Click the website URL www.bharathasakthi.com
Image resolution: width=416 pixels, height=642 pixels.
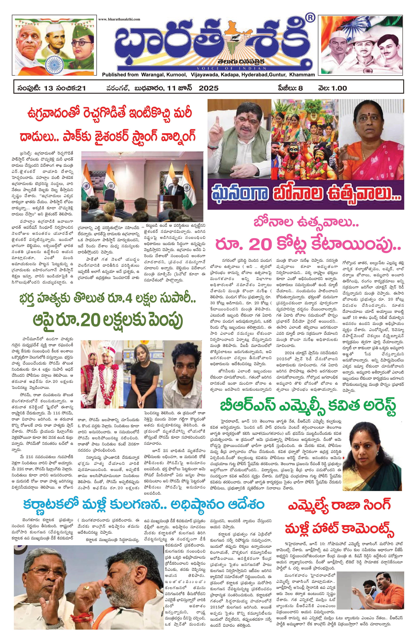(119, 19)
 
